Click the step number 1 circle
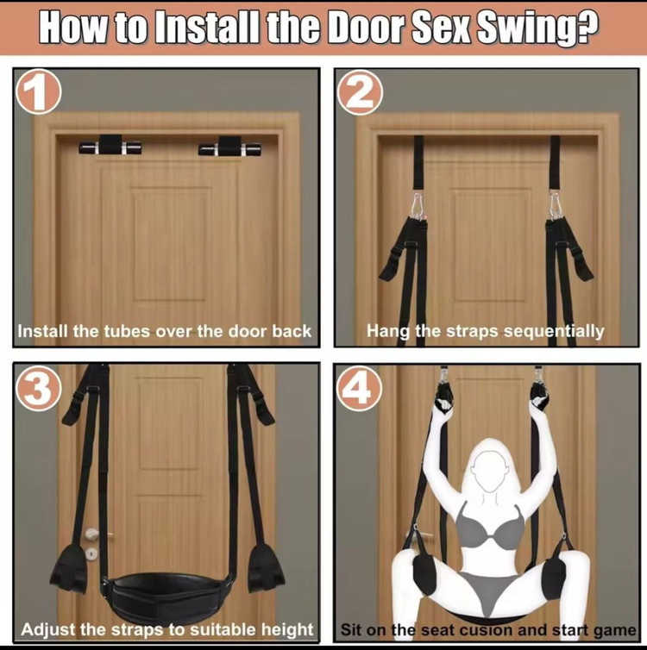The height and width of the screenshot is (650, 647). [39, 91]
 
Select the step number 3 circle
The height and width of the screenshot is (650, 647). [39, 388]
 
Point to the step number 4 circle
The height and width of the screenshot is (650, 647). [359, 389]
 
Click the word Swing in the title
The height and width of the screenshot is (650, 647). [537, 28]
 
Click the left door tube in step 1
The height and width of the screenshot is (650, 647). [110, 145]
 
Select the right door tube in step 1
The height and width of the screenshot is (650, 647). [229, 147]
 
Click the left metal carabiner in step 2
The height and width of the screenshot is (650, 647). [418, 204]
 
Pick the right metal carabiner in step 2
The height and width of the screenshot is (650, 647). [554, 204]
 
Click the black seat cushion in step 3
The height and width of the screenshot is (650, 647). [166, 594]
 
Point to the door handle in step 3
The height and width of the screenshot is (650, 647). [93, 534]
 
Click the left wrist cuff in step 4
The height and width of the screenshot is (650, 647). [444, 397]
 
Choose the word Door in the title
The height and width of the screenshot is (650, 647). [367, 28]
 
